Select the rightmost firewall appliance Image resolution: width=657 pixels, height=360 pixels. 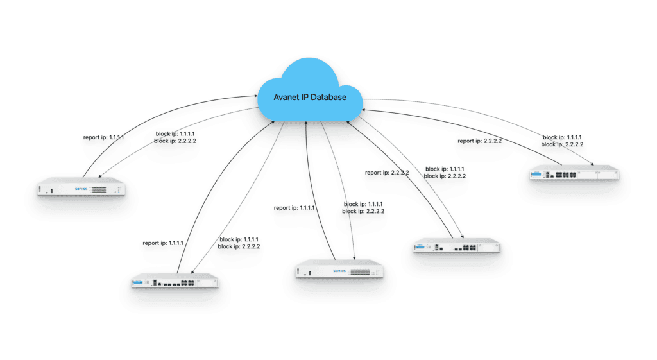click(575, 173)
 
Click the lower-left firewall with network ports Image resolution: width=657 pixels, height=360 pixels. click(175, 282)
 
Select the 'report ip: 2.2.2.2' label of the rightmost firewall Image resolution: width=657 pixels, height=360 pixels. click(481, 141)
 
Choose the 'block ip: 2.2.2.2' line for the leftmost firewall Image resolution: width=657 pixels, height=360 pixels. click(176, 141)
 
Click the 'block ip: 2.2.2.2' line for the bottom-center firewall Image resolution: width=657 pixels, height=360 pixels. click(363, 211)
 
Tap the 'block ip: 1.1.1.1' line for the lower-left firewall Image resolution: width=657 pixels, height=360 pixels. click(239, 239)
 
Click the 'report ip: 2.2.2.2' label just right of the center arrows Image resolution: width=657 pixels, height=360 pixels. click(387, 173)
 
